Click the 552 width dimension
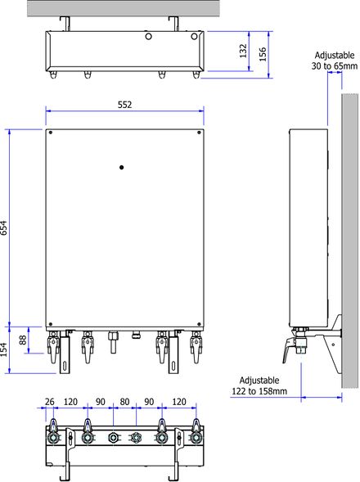[125, 105]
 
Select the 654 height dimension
[4, 227]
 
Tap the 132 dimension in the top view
[243, 51]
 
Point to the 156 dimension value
[263, 54]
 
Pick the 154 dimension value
[4, 350]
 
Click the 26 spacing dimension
[49, 402]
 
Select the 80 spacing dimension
[124, 402]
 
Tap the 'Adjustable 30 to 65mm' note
[335, 61]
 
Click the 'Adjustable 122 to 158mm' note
[259, 385]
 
